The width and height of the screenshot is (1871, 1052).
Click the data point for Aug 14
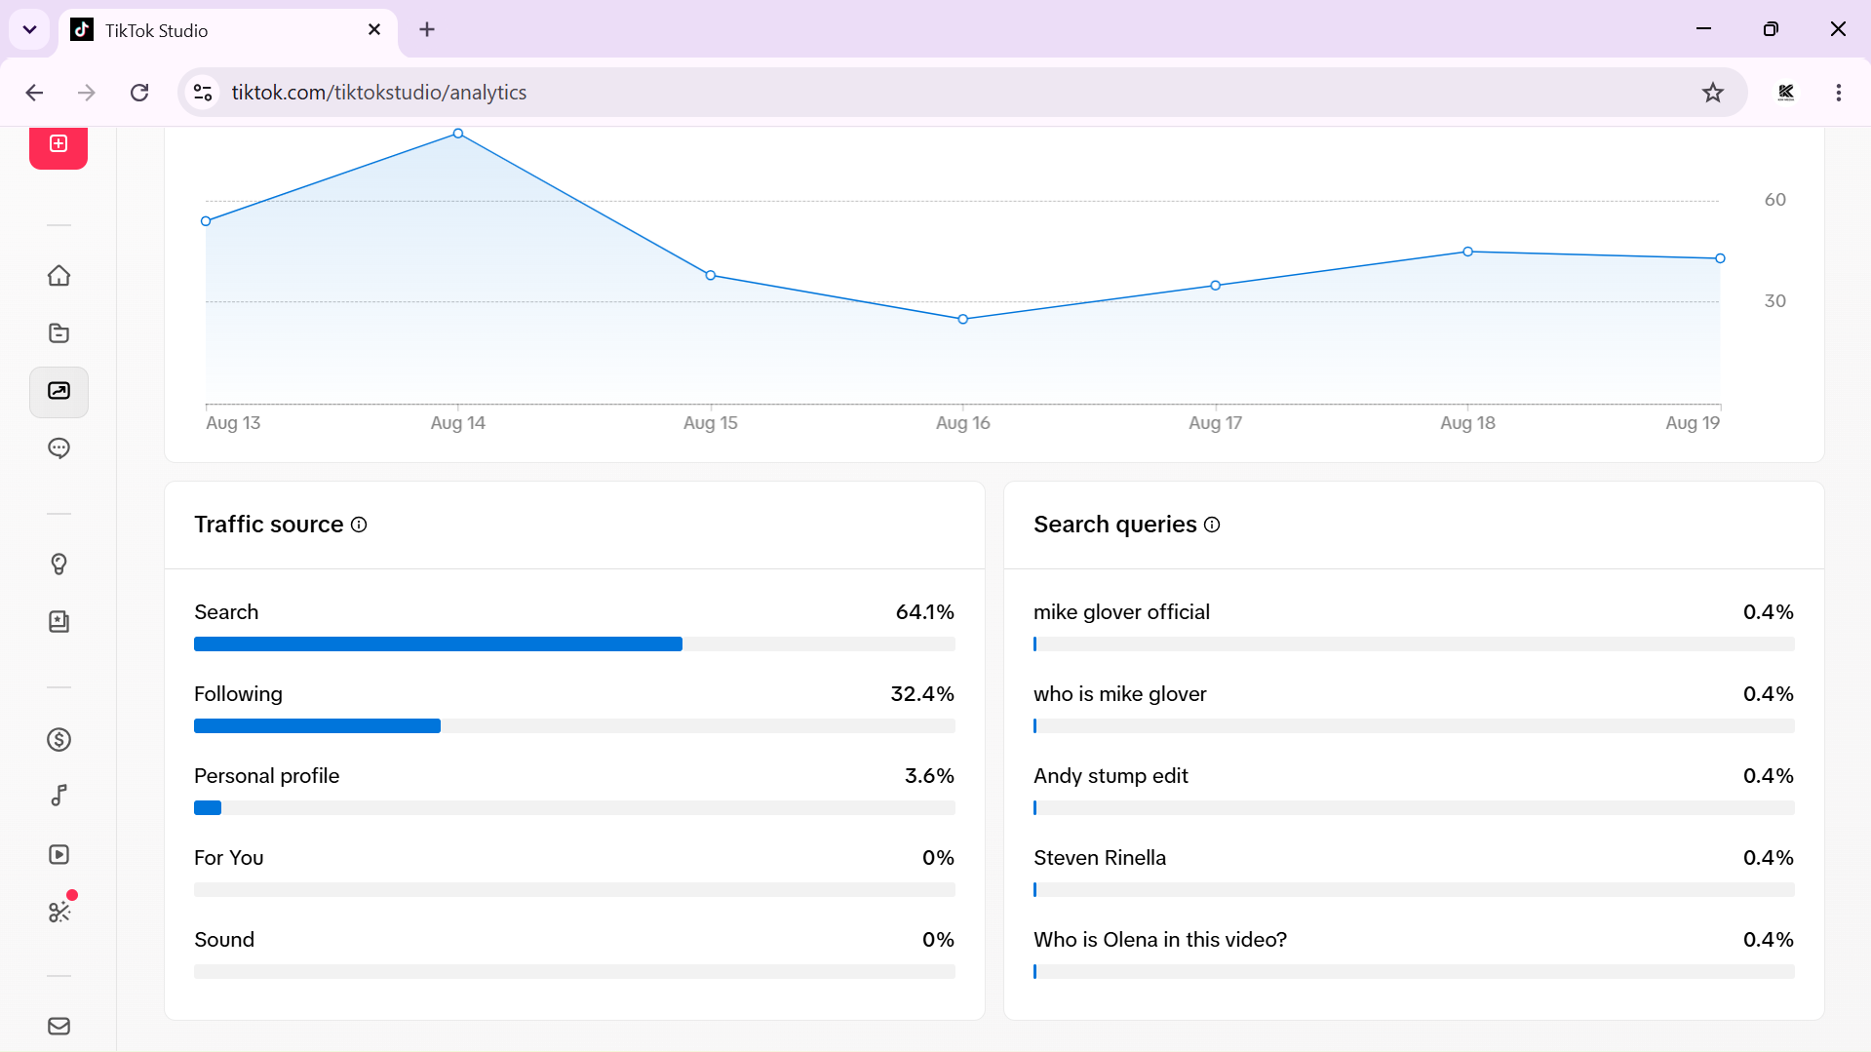tap(458, 134)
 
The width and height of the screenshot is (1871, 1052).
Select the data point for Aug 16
tap(963, 319)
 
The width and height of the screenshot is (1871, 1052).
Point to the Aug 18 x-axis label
tap(1467, 423)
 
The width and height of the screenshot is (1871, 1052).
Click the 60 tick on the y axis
tap(1775, 200)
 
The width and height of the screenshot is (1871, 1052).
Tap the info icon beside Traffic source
tap(359, 525)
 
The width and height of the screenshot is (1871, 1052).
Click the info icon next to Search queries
tap(1212, 525)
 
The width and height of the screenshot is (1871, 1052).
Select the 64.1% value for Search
tap(925, 612)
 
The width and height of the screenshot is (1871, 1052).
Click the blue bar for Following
tap(317, 725)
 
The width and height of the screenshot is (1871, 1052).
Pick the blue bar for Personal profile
tap(208, 807)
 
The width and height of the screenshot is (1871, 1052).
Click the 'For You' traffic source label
tap(229, 858)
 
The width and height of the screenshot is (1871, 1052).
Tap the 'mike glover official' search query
tap(1121, 612)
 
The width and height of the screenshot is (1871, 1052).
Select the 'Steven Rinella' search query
tap(1100, 858)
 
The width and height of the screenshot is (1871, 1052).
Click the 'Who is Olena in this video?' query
tap(1160, 940)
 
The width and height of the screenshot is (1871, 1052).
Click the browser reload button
tap(139, 93)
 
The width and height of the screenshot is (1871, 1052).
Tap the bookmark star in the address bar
tap(1713, 93)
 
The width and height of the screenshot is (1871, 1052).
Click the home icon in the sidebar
tap(59, 276)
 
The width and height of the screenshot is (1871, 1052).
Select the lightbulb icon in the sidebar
tap(59, 565)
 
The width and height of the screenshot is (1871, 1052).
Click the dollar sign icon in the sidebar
tap(59, 740)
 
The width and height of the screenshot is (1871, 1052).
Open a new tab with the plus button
tap(427, 30)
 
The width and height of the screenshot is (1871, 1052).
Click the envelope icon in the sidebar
tap(59, 1026)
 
